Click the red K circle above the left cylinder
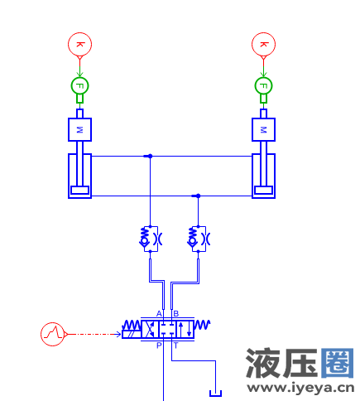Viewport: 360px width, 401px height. click(79, 44)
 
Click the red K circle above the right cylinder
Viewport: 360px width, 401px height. click(263, 44)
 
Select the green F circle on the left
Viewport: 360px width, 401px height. click(79, 85)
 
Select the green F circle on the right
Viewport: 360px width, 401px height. click(263, 85)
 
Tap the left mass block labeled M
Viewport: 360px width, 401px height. click(79, 130)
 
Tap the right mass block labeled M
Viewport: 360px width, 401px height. click(263, 130)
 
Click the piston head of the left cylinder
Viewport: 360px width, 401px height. click(79, 191)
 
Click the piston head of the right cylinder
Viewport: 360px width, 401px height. click(263, 191)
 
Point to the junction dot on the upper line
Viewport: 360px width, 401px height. click(149, 156)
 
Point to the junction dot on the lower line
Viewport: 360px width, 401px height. click(197, 196)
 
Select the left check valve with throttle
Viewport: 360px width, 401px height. click(150, 239)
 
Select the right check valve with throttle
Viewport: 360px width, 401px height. click(198, 239)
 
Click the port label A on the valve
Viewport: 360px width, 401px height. click(159, 313)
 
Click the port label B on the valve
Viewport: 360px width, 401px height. click(175, 313)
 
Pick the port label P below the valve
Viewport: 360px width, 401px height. click(159, 345)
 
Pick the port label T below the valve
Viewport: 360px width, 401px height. click(175, 345)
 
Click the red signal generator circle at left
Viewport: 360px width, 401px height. click(53, 333)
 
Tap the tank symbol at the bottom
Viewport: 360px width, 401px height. click(216, 393)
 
